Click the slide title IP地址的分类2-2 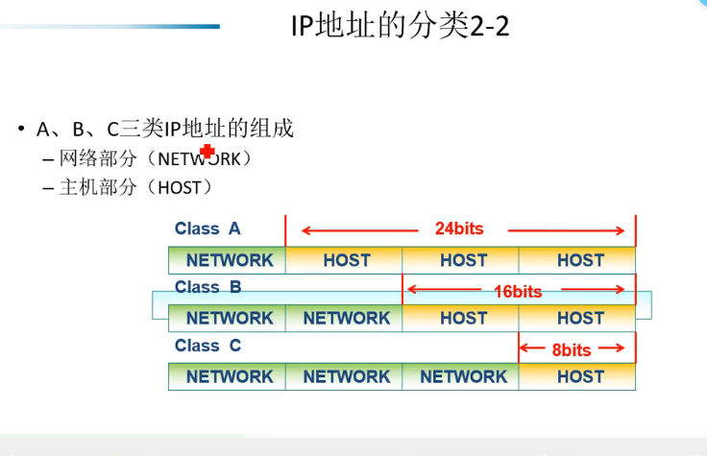[x=400, y=26]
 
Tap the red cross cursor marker [x=207, y=152]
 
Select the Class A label [x=207, y=228]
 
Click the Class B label [x=207, y=287]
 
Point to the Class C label [x=207, y=346]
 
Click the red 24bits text [x=459, y=228]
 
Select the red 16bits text [x=518, y=292]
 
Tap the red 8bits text [x=572, y=350]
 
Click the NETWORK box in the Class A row [x=227, y=260]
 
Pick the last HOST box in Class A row [x=577, y=260]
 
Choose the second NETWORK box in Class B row [x=344, y=318]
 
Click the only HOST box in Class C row [x=577, y=376]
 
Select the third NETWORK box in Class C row [x=460, y=376]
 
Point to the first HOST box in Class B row [x=460, y=318]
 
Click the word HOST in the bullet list [x=180, y=188]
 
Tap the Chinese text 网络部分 [x=98, y=158]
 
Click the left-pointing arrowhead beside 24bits [x=306, y=231]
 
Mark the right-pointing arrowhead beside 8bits [x=620, y=348]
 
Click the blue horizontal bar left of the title [x=110, y=27]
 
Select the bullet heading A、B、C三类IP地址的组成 [x=165, y=129]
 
